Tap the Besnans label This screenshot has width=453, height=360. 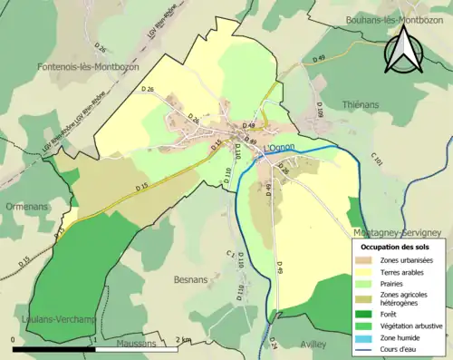coord(192,282)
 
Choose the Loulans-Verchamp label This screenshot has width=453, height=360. coord(51,319)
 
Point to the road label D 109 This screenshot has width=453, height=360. coord(320,112)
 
